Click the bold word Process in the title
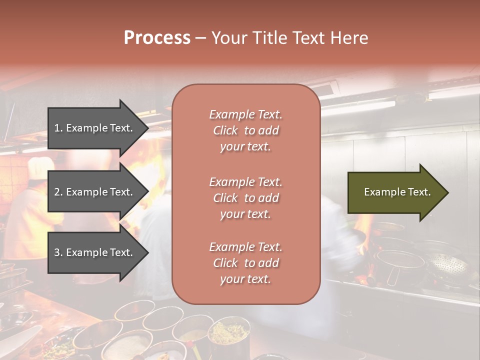(157, 38)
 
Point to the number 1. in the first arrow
(58, 128)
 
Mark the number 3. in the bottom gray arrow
(58, 252)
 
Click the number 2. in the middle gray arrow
(58, 192)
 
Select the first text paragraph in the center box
(245, 130)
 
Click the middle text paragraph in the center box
(245, 198)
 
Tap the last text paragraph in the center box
(245, 263)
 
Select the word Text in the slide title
(309, 38)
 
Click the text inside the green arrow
(397, 192)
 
